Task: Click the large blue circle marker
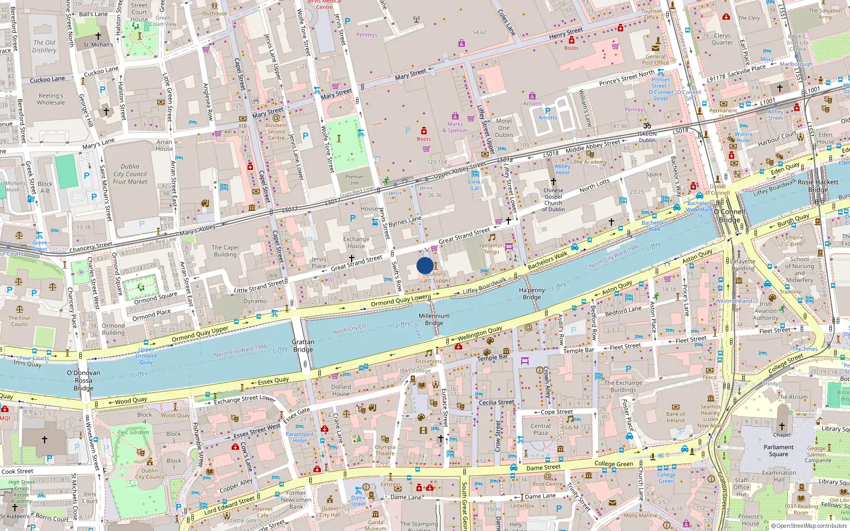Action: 425,265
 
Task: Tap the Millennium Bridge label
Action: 434,319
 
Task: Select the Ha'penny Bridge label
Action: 532,294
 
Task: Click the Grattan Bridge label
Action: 303,346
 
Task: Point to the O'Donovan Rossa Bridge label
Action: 83,380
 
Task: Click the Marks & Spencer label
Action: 455,127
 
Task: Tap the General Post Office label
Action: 656,59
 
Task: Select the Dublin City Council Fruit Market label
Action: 130,174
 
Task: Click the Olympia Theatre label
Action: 385,450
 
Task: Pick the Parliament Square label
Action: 779,450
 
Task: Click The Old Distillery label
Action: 45,46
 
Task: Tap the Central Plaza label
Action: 541,429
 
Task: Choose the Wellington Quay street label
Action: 480,333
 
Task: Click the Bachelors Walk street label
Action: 548,260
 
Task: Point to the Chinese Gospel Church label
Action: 553,200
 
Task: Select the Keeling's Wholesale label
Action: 51,99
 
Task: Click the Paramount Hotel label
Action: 300,437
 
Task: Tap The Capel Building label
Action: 225,251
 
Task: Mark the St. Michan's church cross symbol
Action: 98,36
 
